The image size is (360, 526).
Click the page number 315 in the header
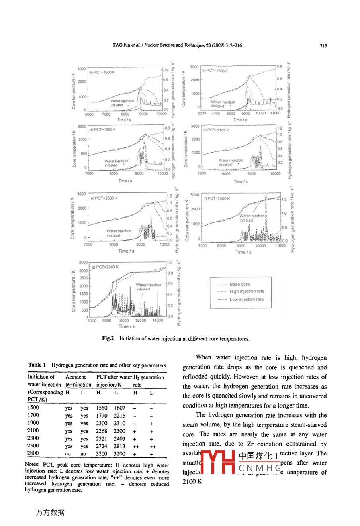coord(323,45)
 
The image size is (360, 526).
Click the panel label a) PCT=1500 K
coord(102,72)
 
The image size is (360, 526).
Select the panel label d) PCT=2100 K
coord(216,130)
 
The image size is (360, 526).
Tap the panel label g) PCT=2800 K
coord(105,267)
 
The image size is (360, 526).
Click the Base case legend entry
coord(240,284)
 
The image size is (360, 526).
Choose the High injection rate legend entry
coord(247,291)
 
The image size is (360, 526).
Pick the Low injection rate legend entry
coord(246,299)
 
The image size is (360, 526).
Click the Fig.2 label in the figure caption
coord(108,338)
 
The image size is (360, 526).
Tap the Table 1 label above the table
coord(37,365)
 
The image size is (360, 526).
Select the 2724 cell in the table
coord(102,446)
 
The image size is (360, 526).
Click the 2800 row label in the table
coord(33,453)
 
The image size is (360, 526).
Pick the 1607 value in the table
coord(119,408)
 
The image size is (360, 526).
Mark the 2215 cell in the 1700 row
coord(119,416)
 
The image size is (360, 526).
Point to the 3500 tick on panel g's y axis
coord(83,263)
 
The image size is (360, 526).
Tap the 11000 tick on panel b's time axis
coord(275,113)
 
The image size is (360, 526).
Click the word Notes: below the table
coord(32,465)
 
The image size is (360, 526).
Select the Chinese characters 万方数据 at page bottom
coord(50,512)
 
